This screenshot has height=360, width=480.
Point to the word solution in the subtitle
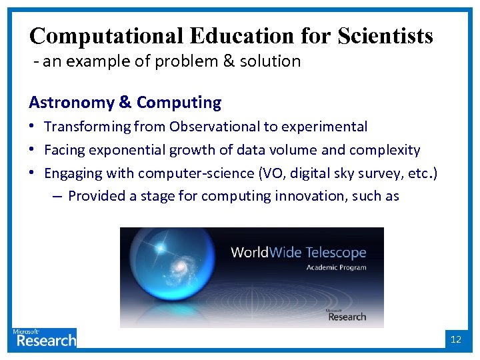(x=275, y=61)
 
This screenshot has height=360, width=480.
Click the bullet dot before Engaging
(x=33, y=173)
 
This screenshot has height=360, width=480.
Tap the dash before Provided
(x=57, y=196)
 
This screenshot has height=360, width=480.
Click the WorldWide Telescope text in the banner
(x=298, y=253)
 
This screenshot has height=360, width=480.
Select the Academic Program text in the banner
(x=336, y=267)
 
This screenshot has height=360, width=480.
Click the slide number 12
(x=456, y=339)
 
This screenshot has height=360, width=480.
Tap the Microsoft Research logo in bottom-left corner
(x=44, y=338)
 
